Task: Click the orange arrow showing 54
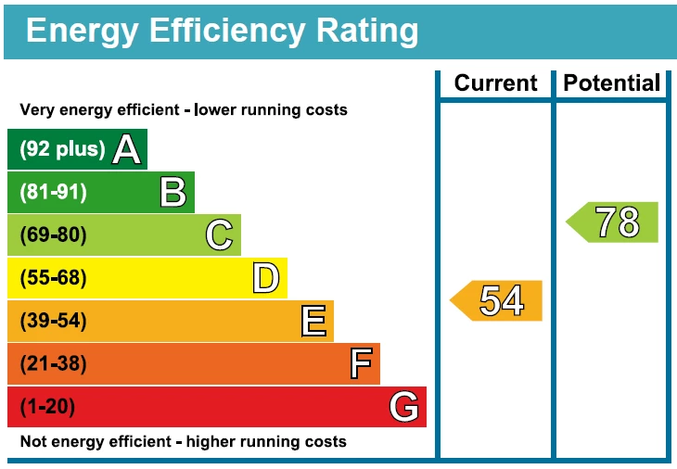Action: coord(498,300)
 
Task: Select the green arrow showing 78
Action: coord(614,222)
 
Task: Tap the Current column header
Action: coord(495,83)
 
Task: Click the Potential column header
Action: coord(612,83)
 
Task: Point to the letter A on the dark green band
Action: coord(127,149)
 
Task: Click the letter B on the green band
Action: coord(172,192)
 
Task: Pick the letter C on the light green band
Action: coord(219,234)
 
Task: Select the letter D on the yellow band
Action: coord(265,278)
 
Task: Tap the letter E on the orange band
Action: coord(313,321)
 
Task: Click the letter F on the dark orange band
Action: coord(361,363)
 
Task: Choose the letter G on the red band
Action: coord(404,406)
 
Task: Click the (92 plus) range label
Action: coord(62,149)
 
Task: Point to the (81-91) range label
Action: coord(53,192)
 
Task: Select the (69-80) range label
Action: coord(53,234)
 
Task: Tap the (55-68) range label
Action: coord(53,278)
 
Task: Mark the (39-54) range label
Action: coord(53,321)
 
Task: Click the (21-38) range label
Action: coord(53,363)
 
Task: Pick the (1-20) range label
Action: coord(47,406)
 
